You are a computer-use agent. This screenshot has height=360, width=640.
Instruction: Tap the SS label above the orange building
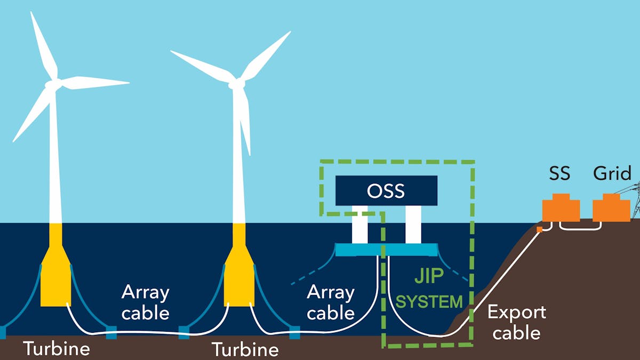coord(559,173)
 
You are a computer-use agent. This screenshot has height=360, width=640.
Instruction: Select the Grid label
coord(612,173)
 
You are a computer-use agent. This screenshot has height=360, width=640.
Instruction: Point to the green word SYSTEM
coord(430,302)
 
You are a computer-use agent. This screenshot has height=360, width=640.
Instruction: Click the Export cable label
coord(517,322)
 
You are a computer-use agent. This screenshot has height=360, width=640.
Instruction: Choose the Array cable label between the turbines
coord(145,302)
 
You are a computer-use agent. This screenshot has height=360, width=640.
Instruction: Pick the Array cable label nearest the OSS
coord(331,302)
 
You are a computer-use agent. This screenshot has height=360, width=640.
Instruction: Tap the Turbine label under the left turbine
coord(57,349)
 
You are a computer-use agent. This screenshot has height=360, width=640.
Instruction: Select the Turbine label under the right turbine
coord(245,350)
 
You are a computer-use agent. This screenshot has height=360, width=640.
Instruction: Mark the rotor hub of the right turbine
coord(236,84)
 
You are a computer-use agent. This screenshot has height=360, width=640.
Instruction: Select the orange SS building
coord(561,208)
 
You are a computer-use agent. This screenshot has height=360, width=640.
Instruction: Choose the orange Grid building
coord(611,208)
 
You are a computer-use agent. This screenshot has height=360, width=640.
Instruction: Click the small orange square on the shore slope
coord(540,229)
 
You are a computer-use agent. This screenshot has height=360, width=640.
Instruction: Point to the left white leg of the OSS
coord(360,224)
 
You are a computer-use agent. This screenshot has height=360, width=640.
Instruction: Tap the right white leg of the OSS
coord(413,224)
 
